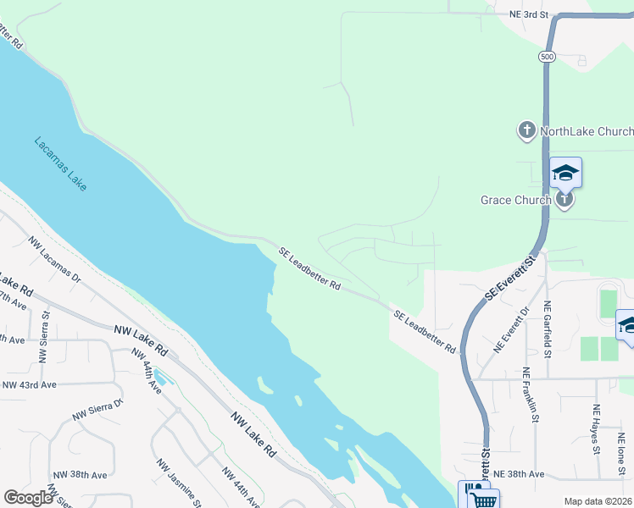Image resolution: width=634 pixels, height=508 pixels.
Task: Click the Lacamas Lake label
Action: (60, 163)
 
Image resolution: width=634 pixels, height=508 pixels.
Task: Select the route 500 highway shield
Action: (547, 56)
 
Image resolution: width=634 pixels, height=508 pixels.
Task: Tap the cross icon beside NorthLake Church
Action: (526, 130)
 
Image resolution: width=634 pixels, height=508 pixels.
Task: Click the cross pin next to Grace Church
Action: (565, 199)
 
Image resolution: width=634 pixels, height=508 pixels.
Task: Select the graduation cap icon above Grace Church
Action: (565, 174)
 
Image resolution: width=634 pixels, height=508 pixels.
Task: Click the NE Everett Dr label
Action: (514, 331)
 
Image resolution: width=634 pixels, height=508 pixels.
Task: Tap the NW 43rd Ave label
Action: (29, 384)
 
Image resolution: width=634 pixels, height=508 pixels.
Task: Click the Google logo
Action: (28, 497)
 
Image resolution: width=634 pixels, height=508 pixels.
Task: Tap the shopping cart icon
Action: (484, 500)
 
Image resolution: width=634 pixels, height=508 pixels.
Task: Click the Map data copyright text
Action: (598, 501)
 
